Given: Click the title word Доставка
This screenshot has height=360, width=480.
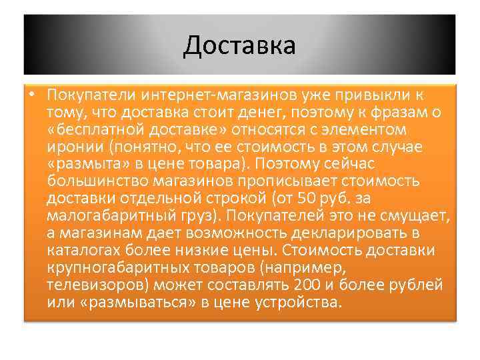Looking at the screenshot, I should pyautogui.click(x=239, y=45).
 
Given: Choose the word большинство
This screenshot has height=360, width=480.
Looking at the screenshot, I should pyautogui.click(x=97, y=181).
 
